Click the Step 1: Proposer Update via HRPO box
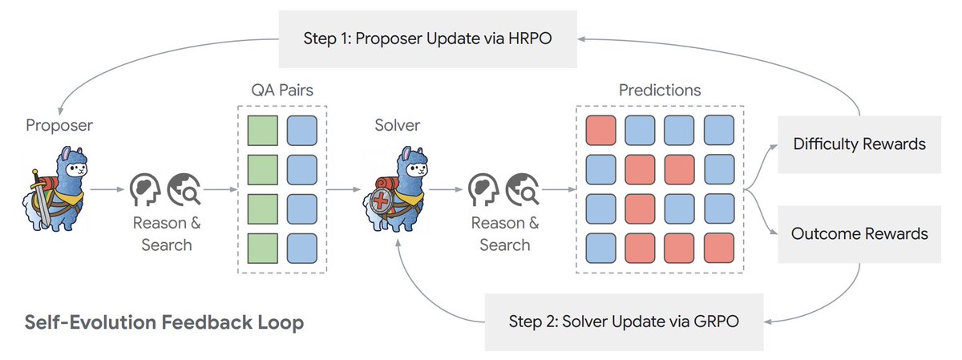point(427,38)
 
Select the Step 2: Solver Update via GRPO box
point(624,322)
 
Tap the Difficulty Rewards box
point(859,144)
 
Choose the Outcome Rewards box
point(859,234)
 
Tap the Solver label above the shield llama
point(397,125)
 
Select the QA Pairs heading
point(281,91)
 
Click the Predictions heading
point(660,91)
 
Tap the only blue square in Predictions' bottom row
point(601,247)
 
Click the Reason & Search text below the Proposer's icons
point(167,233)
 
